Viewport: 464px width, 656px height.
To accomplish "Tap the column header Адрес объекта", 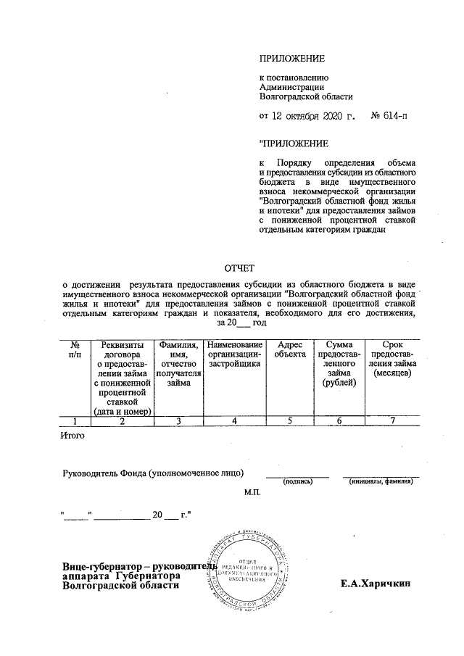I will [289, 350].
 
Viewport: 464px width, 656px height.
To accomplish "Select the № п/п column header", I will [74, 350].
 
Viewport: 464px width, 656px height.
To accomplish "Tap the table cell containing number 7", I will [392, 420].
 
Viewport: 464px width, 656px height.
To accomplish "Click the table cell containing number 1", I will [74, 420].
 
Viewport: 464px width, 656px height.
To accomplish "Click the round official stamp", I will [247, 572].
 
